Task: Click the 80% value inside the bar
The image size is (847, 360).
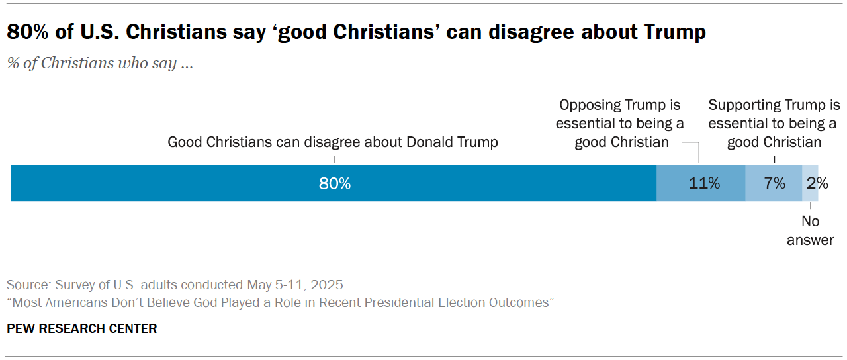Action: [334, 183]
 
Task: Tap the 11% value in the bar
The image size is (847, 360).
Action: [704, 183]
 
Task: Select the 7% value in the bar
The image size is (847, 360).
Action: [774, 183]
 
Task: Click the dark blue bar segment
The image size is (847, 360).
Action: [199, 183]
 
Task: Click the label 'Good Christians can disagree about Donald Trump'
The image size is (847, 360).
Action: [332, 142]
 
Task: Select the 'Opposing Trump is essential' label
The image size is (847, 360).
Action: [620, 124]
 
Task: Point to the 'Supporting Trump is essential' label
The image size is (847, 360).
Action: [774, 124]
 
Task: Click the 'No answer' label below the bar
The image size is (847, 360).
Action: [810, 230]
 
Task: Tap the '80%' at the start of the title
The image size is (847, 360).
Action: [26, 32]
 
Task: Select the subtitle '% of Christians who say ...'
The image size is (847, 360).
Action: [100, 64]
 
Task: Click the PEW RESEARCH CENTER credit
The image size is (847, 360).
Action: [81, 328]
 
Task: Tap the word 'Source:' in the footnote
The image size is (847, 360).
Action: [26, 285]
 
